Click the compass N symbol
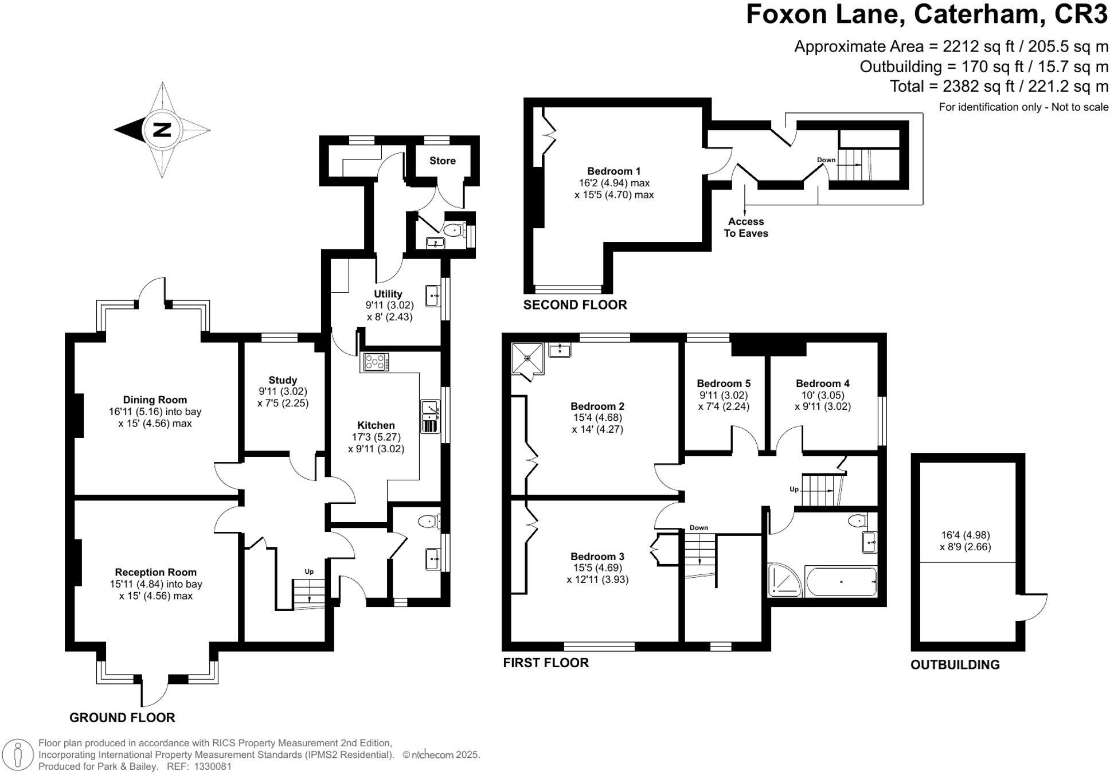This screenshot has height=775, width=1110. [x=162, y=130]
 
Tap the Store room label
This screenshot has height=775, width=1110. [x=442, y=161]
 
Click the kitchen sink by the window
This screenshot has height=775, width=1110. [x=429, y=417]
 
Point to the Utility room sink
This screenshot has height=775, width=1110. [x=433, y=296]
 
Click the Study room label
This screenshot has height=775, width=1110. [x=283, y=380]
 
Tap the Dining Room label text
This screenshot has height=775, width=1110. [x=155, y=400]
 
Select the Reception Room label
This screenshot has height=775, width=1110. [x=155, y=572]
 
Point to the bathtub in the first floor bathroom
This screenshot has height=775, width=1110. [x=841, y=582]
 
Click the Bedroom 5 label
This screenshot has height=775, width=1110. [x=724, y=383]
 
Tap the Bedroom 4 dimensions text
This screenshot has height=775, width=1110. [x=822, y=401]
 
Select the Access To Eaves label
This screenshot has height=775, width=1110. [x=745, y=227]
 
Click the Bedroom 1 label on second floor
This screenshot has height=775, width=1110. [x=613, y=171]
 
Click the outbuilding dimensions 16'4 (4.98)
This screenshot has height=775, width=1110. [x=965, y=535]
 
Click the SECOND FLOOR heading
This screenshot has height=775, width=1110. [x=574, y=305]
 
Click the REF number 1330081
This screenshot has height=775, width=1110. [x=213, y=766]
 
